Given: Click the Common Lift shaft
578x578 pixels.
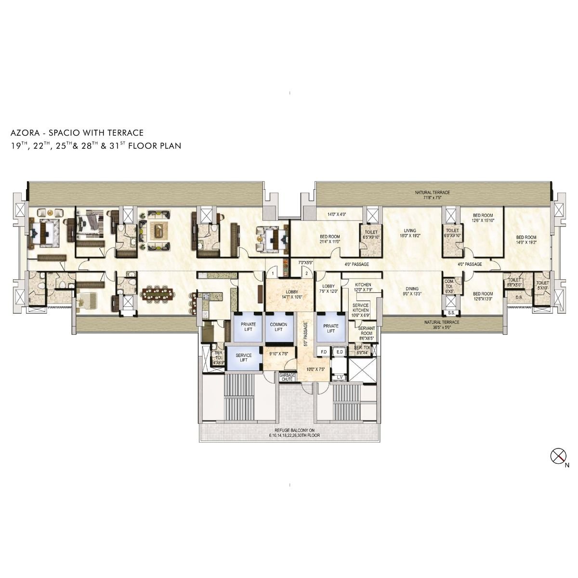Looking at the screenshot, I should pyautogui.click(x=278, y=328).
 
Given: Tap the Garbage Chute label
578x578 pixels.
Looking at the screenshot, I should pyautogui.click(x=287, y=377).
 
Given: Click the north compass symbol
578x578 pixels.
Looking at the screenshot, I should pyautogui.click(x=557, y=455).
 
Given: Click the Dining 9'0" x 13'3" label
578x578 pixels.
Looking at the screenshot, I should pyautogui.click(x=412, y=291).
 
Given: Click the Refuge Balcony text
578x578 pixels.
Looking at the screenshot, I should pyautogui.click(x=295, y=433).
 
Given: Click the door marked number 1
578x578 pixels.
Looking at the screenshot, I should pyautogui.click(x=273, y=274).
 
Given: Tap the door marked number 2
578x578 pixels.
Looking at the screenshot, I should pyautogui.click(x=306, y=273).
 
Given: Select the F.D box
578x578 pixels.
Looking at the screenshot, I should pyautogui.click(x=324, y=352).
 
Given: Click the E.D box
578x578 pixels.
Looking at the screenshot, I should pyautogui.click(x=340, y=352).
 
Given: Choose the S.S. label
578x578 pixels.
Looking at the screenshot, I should pyautogui.click(x=451, y=312).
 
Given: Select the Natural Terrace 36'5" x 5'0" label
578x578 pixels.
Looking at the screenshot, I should pyautogui.click(x=442, y=325).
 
